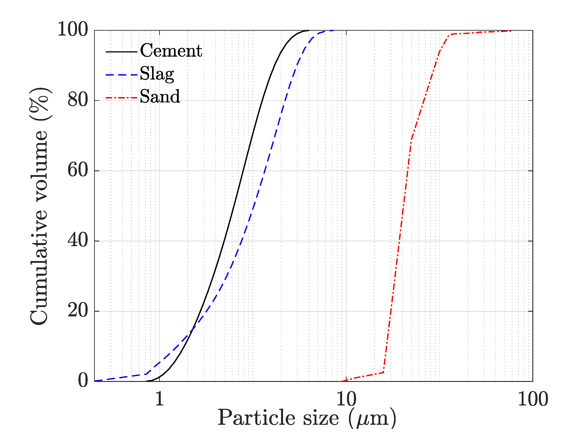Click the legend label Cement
(171, 51)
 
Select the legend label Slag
(157, 74)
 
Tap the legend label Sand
(160, 96)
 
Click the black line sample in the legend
(121, 52)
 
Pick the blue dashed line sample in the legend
(121, 75)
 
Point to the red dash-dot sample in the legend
(121, 98)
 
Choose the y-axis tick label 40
(78, 240)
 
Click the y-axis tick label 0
(83, 380)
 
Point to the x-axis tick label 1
(159, 399)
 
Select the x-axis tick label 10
(346, 399)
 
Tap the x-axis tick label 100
(533, 399)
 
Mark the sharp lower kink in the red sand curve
(383, 372)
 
